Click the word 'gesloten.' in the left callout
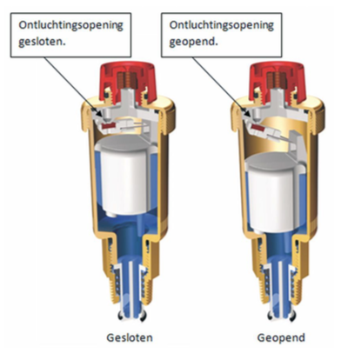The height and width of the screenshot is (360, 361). [x=42, y=42]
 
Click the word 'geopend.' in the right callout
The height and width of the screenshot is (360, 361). [x=193, y=42]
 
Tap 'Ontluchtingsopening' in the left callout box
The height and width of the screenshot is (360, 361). [x=70, y=25]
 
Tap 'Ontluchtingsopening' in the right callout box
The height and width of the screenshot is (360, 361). [x=222, y=25]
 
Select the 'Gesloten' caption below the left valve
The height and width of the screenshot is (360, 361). [x=130, y=337]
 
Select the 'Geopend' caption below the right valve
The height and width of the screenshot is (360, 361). [x=281, y=338]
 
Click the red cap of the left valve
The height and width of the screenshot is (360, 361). [x=128, y=81]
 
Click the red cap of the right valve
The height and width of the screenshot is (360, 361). [x=278, y=81]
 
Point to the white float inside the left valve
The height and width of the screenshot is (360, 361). [x=124, y=176]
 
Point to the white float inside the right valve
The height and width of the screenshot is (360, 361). [x=276, y=190]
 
